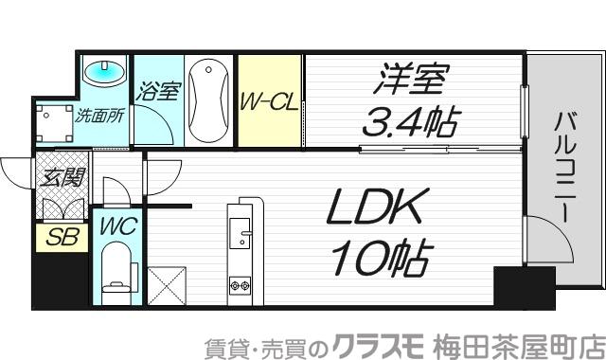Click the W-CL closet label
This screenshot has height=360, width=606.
(269, 100)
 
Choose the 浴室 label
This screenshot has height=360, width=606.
(157, 92)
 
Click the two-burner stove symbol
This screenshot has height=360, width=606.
(238, 283)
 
